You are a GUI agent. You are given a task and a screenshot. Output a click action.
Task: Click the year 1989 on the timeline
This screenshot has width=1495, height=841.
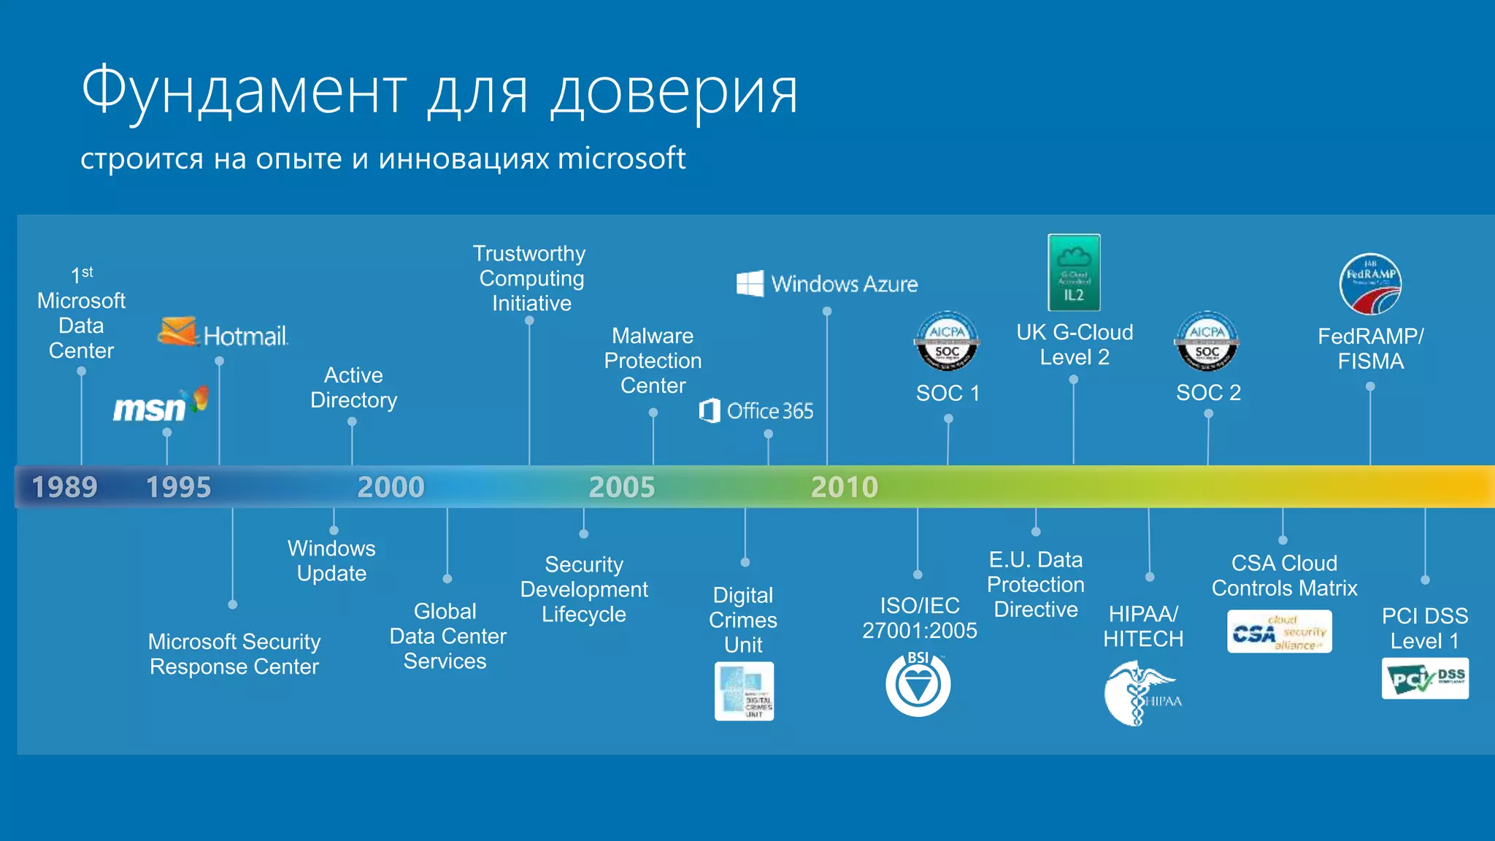tap(64, 487)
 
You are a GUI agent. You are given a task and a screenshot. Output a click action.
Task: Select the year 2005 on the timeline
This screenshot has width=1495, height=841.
tap(622, 487)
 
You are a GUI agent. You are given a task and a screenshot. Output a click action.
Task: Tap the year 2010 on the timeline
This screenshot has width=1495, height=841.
tap(845, 487)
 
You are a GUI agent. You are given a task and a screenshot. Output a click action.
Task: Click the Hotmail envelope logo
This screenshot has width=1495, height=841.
tap(177, 331)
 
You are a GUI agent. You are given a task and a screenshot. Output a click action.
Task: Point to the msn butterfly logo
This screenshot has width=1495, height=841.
tap(198, 400)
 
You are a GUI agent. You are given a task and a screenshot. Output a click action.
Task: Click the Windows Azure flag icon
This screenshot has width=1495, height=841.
tap(750, 283)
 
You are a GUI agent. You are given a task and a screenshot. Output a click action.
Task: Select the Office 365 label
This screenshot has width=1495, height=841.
tap(769, 411)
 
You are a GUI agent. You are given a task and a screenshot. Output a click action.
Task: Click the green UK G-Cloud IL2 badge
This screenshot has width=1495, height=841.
tap(1074, 272)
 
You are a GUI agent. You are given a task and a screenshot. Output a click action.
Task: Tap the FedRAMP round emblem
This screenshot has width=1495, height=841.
tap(1370, 284)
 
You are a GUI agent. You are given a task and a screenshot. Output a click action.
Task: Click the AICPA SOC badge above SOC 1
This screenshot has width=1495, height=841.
tap(947, 342)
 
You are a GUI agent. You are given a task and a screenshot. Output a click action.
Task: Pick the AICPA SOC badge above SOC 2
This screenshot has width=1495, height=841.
tap(1207, 342)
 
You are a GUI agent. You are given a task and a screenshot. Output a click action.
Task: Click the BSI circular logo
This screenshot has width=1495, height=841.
tap(918, 684)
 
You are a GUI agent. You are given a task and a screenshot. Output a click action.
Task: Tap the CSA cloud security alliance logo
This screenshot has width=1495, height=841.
tap(1279, 631)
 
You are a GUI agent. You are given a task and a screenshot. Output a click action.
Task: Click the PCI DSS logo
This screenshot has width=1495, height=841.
tap(1425, 678)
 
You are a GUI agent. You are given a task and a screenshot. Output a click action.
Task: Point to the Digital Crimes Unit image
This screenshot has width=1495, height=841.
tap(744, 691)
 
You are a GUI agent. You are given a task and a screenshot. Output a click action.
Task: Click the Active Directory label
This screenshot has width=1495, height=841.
tap(353, 388)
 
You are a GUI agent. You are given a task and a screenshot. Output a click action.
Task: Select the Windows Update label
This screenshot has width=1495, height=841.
tap(331, 561)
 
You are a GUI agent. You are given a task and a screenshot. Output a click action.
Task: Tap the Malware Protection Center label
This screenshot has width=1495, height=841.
tap(653, 361)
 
